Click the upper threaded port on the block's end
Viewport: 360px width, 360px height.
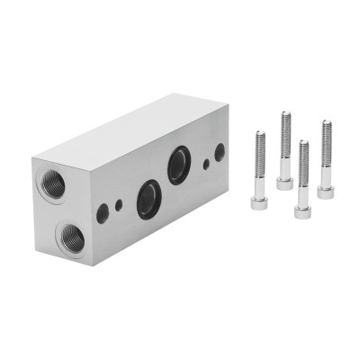tap(51, 183)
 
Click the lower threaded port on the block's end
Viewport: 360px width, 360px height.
tap(69, 238)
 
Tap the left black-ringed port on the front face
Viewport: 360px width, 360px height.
tap(148, 199)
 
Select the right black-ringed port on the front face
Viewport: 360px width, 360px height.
tap(179, 166)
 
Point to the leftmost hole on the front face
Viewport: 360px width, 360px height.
tap(103, 213)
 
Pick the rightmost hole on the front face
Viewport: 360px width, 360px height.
tap(220, 152)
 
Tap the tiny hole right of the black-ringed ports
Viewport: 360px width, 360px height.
tap(206, 164)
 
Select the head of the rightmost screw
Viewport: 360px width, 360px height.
tap(325, 190)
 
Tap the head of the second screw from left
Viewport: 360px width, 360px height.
tap(284, 183)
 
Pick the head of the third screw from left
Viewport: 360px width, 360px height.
tap(303, 210)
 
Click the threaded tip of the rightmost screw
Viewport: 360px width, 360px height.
tap(326, 125)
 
